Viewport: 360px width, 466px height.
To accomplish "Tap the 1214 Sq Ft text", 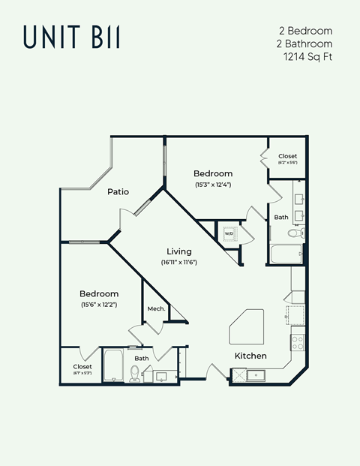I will pos(307,56).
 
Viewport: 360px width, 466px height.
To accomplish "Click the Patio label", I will pos(118,191).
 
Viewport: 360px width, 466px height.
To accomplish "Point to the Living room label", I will pos(178,251).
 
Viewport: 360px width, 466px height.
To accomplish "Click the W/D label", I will pos(229,233).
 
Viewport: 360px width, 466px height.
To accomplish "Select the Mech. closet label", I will pos(156,308).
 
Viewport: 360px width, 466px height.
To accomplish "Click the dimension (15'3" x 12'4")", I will pos(213,184).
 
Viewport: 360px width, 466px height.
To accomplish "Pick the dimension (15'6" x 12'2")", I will pos(99,305).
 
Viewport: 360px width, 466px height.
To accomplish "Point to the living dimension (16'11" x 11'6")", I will pos(178,263).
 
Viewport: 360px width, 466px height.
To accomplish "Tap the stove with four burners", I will pos(298,344).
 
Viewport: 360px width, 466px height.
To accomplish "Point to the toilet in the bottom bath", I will pos(135,373).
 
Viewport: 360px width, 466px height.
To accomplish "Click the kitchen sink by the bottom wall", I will pos(256,374).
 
